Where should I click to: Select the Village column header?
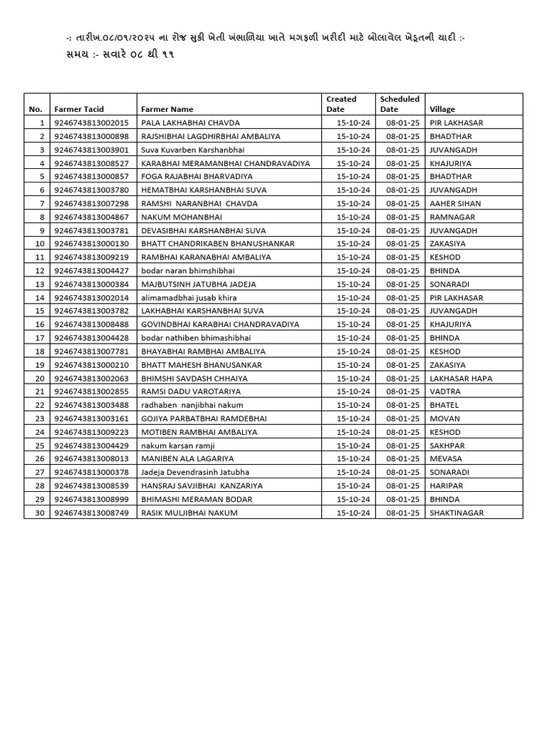pos(442,109)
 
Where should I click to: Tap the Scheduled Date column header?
pos(400,104)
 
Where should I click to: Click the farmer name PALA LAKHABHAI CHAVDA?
pos(190,123)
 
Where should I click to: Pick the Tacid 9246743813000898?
pos(91,136)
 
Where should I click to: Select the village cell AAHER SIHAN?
pos(455,203)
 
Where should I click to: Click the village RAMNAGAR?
pos(452,217)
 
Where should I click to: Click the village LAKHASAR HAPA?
pos(461,378)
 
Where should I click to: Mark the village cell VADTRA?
pos(445,391)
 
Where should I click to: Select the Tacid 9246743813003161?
pos(91,418)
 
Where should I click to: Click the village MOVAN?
pos(444,418)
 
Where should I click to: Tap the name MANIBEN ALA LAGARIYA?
pos(187,458)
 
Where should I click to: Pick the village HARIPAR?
pos(448,485)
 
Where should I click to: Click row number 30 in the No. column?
pos(40,513)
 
